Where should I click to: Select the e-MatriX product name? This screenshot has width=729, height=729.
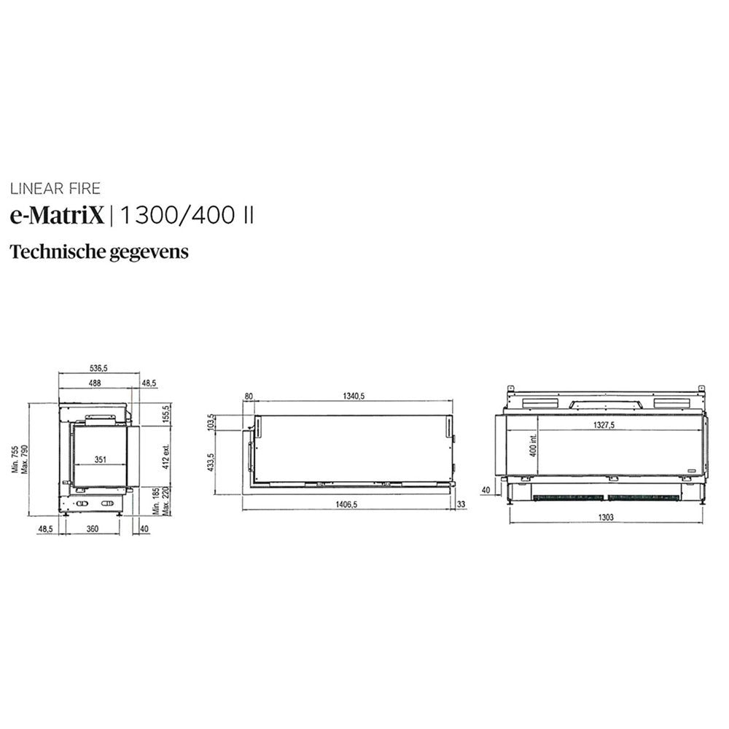pos(57,215)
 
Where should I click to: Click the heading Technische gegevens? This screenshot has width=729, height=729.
pos(99,252)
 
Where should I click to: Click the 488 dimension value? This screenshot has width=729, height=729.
pos(95,383)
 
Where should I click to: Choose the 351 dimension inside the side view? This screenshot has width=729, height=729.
pos(101,460)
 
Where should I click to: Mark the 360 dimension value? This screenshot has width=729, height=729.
pos(93,529)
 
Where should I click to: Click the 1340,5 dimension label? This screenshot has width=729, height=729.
pos(351,396)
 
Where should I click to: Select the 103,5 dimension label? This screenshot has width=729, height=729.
pos(211,422)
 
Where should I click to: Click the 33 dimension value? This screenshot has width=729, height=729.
pos(461,504)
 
